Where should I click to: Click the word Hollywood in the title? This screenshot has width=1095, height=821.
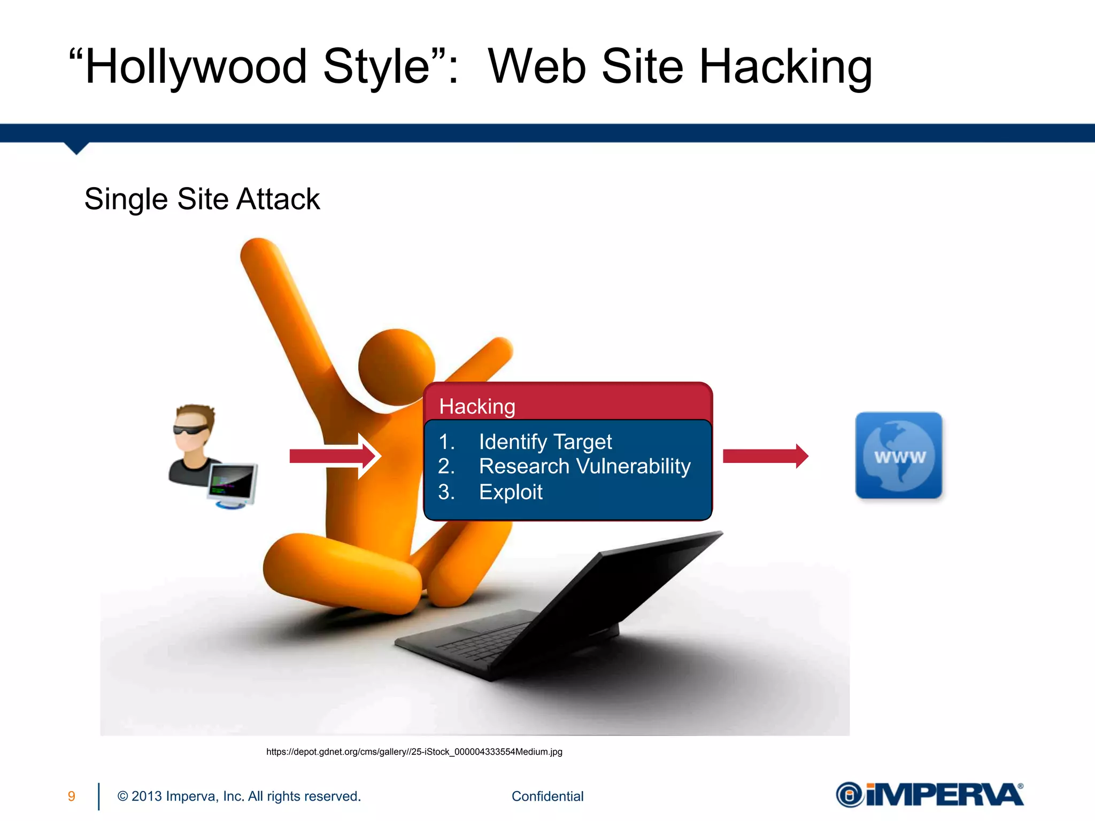click(x=196, y=67)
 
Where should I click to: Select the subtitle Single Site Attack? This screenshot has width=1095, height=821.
click(x=202, y=199)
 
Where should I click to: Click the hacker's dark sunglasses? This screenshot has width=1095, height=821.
click(x=192, y=429)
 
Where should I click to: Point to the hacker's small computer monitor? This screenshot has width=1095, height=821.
click(x=233, y=482)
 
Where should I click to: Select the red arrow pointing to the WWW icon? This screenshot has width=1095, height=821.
click(x=765, y=456)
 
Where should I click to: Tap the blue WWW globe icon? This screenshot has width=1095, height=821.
click(x=899, y=455)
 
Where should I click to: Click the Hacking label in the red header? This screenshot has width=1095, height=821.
click(x=477, y=406)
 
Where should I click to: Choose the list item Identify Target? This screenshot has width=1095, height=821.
click(x=545, y=442)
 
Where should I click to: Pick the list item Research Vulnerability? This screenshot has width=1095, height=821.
click(x=584, y=466)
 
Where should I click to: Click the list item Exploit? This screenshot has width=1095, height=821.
click(x=511, y=492)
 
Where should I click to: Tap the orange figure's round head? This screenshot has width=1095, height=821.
click(x=396, y=367)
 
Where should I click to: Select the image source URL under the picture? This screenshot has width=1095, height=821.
click(x=414, y=752)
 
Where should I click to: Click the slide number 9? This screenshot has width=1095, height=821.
click(x=71, y=796)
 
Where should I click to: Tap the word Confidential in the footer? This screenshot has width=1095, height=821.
click(x=547, y=796)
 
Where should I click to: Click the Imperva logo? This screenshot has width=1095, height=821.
click(x=929, y=795)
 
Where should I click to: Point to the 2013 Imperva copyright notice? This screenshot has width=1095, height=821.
click(x=239, y=796)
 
